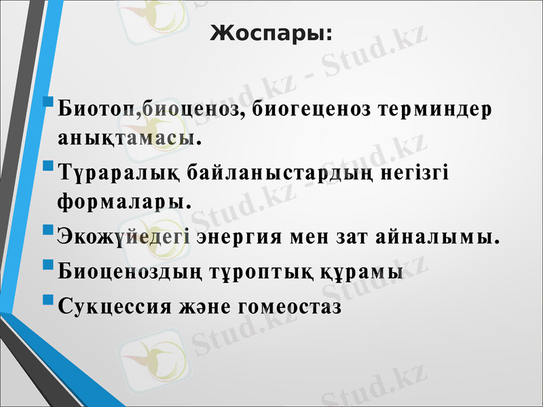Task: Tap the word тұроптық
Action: [260, 272]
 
